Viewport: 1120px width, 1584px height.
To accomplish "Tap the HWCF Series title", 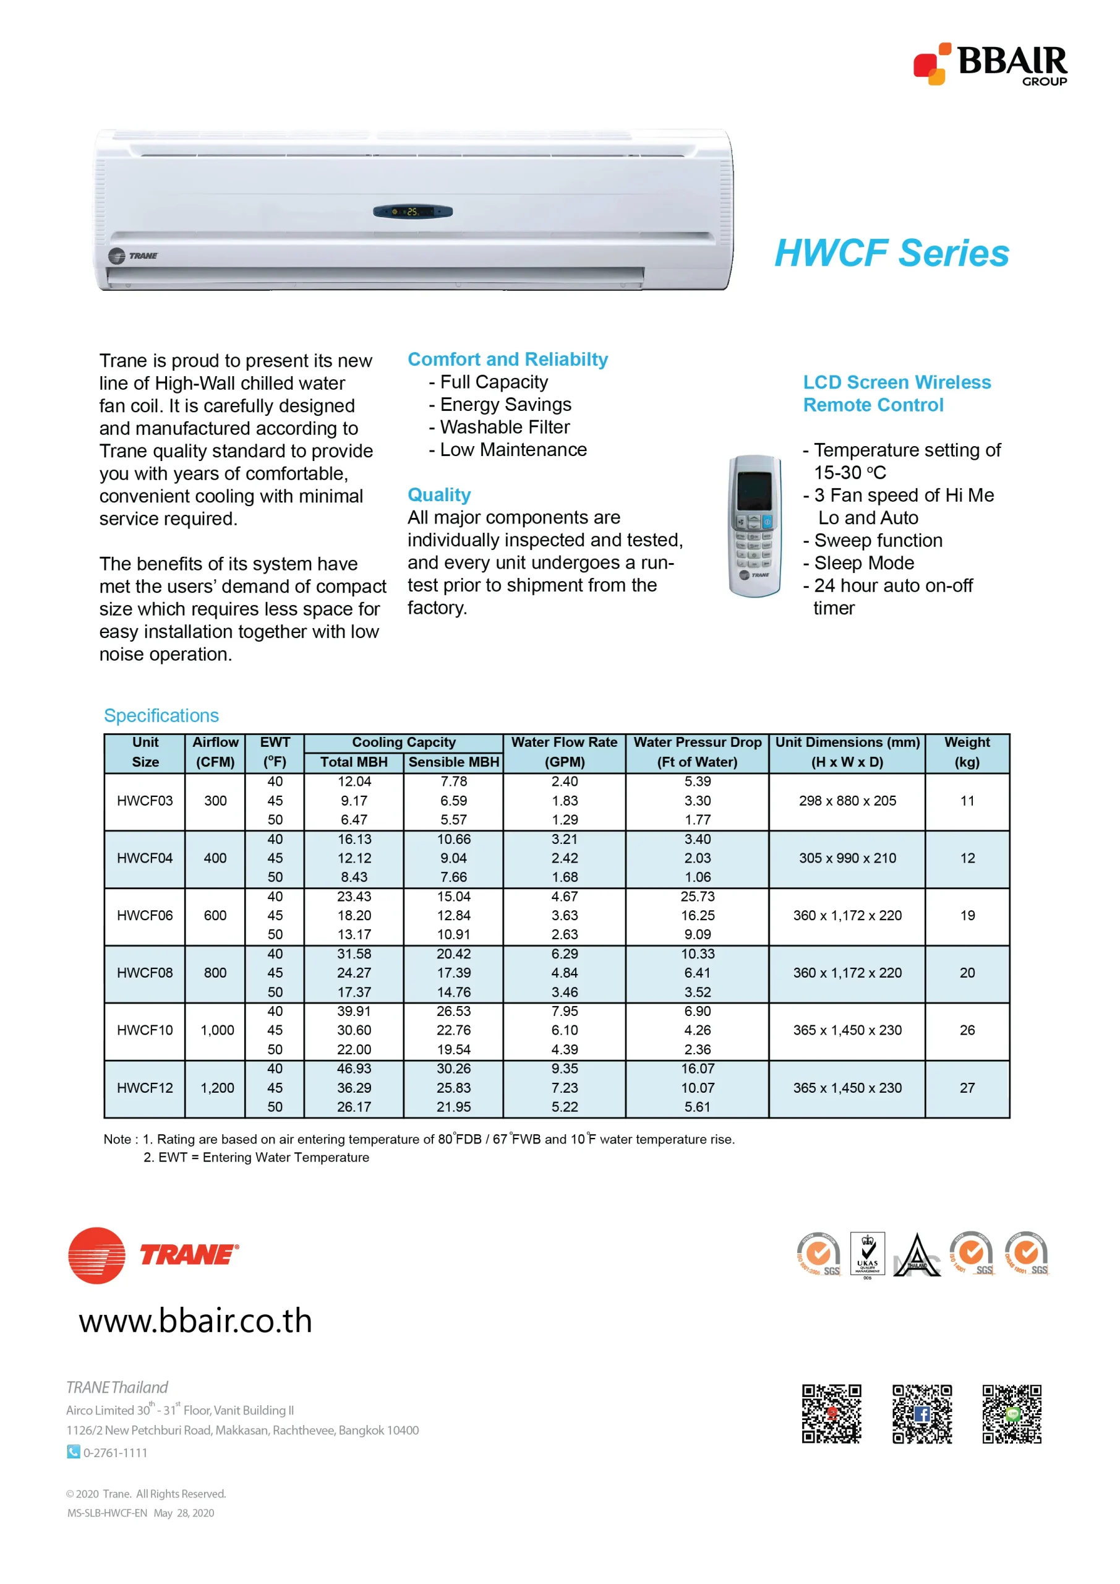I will click(891, 253).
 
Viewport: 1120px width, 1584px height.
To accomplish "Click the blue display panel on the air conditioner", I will click(413, 212).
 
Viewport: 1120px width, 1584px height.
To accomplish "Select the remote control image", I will click(755, 526).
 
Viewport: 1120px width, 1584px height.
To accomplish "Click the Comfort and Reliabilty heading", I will click(507, 359).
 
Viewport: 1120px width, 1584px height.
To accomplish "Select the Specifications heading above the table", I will click(161, 715).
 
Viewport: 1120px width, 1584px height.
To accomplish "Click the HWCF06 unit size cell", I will click(145, 916).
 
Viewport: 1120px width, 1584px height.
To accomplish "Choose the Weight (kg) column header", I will click(967, 752).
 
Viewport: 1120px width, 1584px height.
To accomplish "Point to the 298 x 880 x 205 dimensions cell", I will click(848, 801).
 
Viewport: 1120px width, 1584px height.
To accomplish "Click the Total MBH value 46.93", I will click(354, 1069).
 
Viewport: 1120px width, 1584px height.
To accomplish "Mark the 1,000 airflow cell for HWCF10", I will click(216, 1030).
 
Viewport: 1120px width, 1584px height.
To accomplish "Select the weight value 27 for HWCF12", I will click(967, 1088).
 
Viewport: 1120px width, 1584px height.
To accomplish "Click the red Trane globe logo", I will click(96, 1255).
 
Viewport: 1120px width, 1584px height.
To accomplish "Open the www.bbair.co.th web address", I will click(195, 1320).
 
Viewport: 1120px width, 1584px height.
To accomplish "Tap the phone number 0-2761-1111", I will click(115, 1452).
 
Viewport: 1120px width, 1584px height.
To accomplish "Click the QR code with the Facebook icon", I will click(921, 1414).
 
